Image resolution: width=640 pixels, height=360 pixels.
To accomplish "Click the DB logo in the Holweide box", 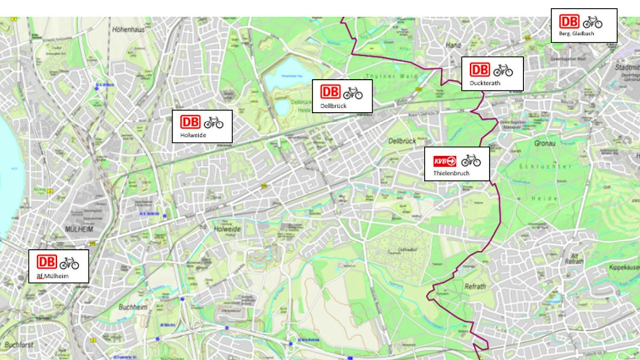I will tap(190, 122).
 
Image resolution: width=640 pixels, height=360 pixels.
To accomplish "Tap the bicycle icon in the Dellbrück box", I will tap(353, 93).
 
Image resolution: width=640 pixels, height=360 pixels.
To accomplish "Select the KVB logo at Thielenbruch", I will tap(445, 161).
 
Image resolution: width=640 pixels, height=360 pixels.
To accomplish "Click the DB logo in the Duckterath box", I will tap(480, 70).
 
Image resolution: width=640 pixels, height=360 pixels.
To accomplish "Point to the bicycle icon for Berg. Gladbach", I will tap(592, 22).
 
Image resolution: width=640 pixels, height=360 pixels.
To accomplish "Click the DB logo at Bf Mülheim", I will tap(47, 262).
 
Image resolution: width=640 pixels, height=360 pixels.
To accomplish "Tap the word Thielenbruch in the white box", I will tap(451, 173).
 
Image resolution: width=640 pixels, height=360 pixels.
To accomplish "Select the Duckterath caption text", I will tap(485, 83).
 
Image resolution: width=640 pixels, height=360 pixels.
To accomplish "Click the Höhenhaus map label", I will tap(128, 30).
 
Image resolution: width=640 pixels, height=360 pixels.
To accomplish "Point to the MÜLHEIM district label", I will tap(79, 229).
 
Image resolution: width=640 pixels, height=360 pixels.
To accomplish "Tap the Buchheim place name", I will tap(133, 307).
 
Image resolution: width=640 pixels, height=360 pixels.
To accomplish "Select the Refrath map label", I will tap(475, 286).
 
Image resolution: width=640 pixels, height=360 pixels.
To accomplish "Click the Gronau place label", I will tap(544, 143).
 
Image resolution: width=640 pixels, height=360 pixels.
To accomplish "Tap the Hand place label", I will tap(453, 45).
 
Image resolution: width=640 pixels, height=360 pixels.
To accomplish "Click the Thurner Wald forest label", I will tap(392, 76).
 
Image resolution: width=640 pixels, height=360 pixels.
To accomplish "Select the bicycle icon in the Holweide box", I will tap(213, 123).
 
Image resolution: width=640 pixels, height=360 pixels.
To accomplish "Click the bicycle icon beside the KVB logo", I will tap(471, 161).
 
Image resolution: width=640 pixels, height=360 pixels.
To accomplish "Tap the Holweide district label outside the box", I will tap(227, 229).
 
